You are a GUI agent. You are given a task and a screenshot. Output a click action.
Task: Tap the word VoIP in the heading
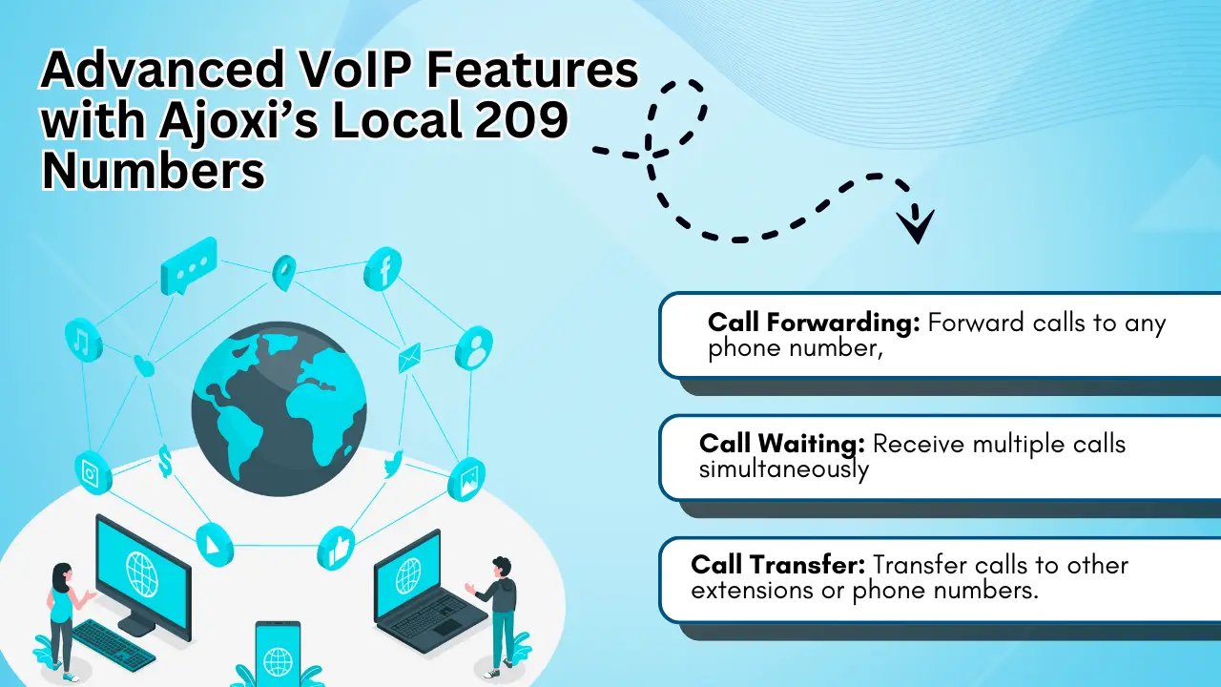[357, 70]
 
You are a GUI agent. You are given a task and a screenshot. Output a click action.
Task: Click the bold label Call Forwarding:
[814, 323]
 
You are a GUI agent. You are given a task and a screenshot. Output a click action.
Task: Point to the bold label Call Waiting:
[781, 444]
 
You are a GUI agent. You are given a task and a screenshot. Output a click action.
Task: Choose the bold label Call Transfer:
[777, 565]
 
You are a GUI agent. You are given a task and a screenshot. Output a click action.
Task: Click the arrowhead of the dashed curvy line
[916, 226]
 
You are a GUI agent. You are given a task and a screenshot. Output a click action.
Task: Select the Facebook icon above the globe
[383, 269]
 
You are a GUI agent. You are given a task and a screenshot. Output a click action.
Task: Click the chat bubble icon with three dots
[189, 265]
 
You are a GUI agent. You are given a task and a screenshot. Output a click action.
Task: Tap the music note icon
[83, 340]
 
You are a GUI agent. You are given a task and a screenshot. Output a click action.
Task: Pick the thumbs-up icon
[337, 548]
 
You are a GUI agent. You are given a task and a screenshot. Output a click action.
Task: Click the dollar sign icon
[165, 461]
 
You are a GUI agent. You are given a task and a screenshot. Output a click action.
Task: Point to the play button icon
[215, 545]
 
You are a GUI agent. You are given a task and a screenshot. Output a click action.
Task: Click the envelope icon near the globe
[410, 358]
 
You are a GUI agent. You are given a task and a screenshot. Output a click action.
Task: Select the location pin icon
[284, 272]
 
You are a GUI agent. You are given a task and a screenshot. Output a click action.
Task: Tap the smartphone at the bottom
[278, 654]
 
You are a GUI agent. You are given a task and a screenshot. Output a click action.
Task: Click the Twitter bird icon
[394, 465]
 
